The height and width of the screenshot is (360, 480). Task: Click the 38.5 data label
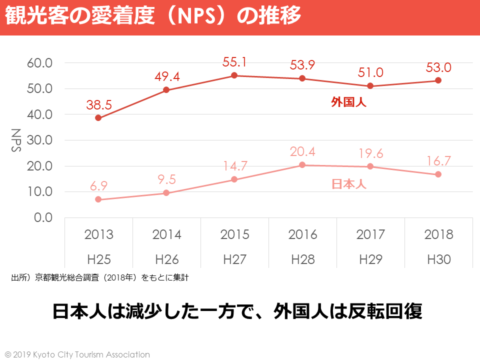[x=98, y=104]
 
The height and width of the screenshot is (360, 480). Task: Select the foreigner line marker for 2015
[x=234, y=75]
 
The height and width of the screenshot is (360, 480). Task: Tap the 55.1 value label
[x=234, y=62]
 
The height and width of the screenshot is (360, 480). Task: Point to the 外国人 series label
[x=349, y=102]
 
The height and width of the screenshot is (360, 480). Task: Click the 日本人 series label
[x=349, y=184]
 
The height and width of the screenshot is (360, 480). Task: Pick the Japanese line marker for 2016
[x=302, y=165]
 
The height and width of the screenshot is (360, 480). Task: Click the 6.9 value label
[x=98, y=186]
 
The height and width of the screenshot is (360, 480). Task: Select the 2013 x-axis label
[x=98, y=234]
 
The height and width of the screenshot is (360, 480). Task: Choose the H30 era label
[x=439, y=259]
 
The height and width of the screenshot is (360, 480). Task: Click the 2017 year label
[x=370, y=234]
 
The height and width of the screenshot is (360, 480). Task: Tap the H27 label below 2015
[x=234, y=259]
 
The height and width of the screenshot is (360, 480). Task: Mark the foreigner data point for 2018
[x=438, y=80]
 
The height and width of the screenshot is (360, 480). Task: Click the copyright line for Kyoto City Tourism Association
[x=77, y=354]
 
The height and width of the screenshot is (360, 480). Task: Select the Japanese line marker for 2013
[x=98, y=199]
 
